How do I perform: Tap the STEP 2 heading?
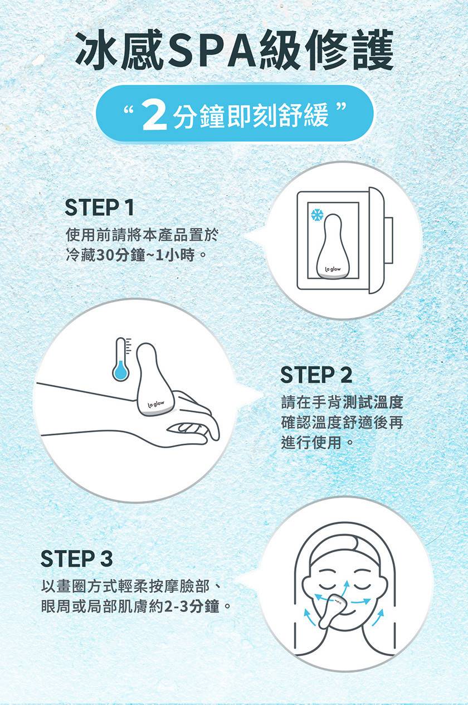[x=316, y=375]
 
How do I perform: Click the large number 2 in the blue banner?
[x=154, y=117]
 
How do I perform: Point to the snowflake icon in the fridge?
[x=317, y=215]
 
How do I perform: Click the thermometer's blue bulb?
[x=120, y=371]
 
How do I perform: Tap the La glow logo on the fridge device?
[x=333, y=269]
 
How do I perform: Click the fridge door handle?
[x=388, y=240]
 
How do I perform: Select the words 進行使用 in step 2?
[x=311, y=443]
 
